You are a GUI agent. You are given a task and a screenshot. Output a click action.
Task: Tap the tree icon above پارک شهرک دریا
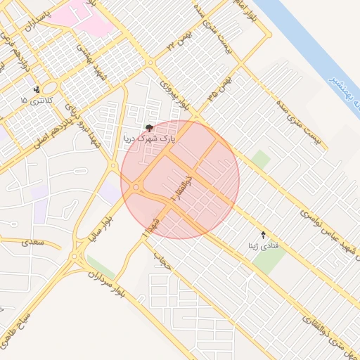tap(149, 127)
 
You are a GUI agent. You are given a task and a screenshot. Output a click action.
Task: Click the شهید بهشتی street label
tap(92, 63)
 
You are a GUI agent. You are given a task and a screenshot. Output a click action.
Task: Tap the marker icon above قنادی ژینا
tap(264, 234)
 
